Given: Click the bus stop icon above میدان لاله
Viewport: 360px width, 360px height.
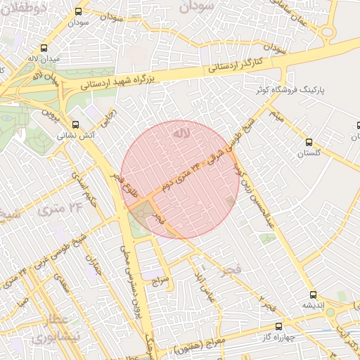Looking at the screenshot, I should [45, 49].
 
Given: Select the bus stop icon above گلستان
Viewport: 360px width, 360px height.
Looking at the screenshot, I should [309, 142].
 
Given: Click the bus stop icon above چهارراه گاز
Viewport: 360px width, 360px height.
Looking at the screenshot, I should [279, 326].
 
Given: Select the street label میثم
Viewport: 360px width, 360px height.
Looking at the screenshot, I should [279, 120].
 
